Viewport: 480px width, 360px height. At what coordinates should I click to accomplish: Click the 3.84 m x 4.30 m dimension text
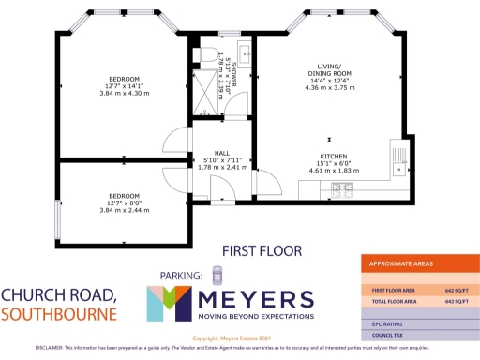tap(124, 95)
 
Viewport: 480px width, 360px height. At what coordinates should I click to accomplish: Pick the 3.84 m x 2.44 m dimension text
tap(124, 210)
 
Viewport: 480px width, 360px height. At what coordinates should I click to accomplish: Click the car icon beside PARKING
tap(217, 275)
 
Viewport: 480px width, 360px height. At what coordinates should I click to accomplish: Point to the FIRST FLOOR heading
tap(261, 250)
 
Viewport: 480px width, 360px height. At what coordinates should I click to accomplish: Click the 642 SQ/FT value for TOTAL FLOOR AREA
tap(455, 303)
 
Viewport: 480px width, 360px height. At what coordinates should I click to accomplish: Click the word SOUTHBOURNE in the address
tap(58, 313)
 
